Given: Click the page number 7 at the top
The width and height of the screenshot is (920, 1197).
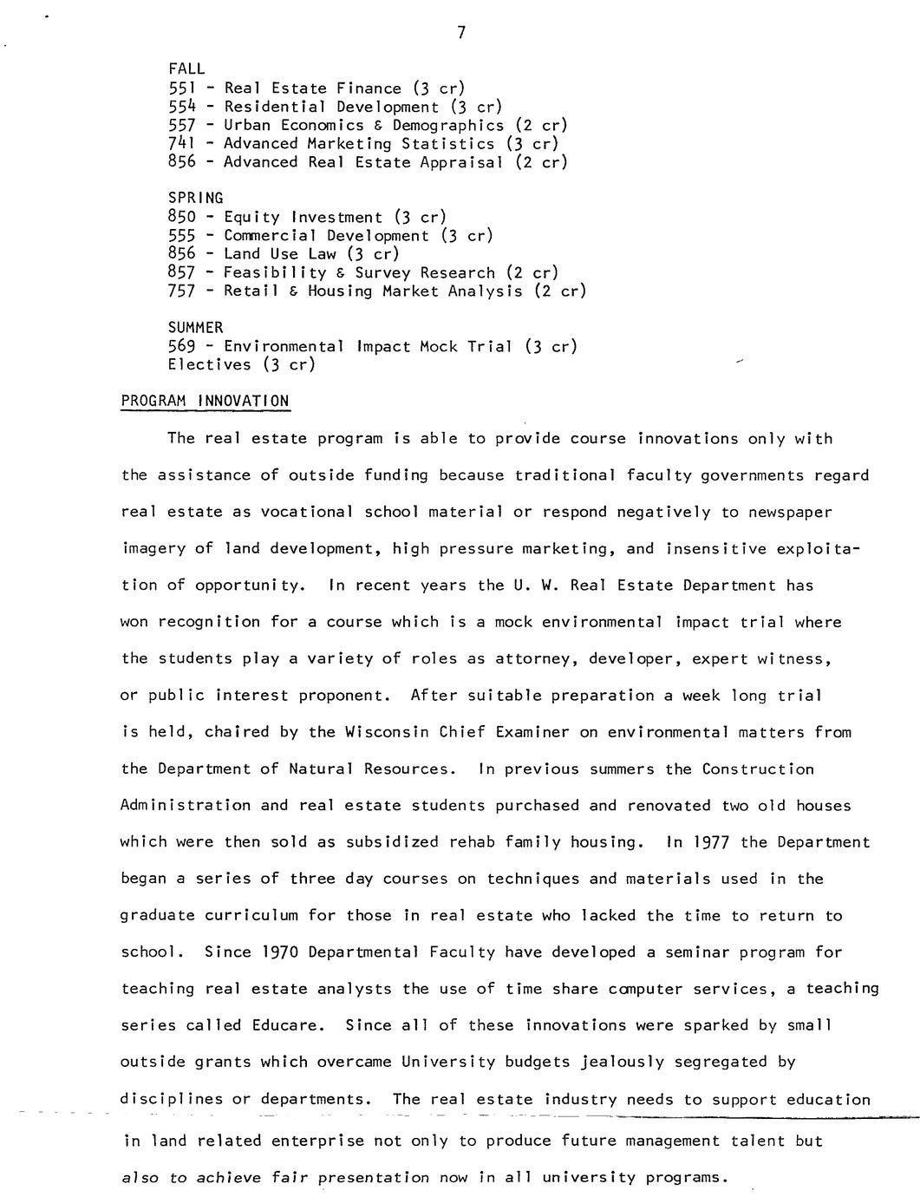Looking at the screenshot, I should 461,33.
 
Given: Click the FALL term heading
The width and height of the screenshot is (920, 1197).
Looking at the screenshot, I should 186,69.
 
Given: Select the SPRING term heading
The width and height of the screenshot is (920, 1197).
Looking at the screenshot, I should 195,198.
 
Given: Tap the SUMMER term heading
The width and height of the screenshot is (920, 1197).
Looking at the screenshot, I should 195,327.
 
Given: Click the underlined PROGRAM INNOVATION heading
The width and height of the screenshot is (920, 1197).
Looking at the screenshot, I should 205,401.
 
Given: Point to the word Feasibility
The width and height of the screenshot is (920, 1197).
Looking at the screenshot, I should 272,272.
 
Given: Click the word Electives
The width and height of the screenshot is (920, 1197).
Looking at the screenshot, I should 209,364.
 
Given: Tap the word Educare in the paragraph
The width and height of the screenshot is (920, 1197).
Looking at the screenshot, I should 288,1025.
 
